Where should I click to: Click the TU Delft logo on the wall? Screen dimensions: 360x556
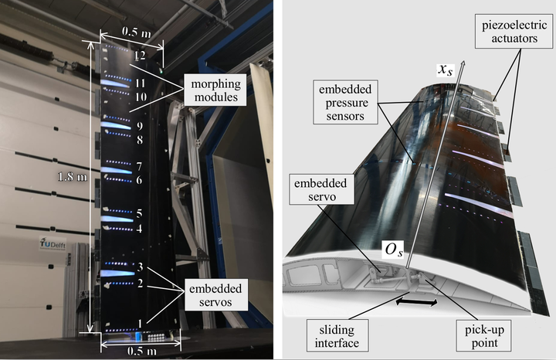point(49,246)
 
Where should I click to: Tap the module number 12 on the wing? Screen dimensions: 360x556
point(138,56)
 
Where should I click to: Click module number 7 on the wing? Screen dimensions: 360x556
point(139,166)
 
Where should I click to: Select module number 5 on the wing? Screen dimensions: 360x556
point(139,213)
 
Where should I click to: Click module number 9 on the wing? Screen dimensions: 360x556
point(140,125)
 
